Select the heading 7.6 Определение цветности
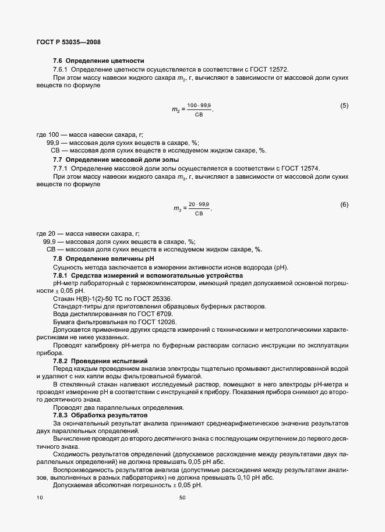point(98,61)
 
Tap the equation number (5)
point(344,105)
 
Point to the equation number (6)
point(344,204)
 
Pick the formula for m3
point(193,208)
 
